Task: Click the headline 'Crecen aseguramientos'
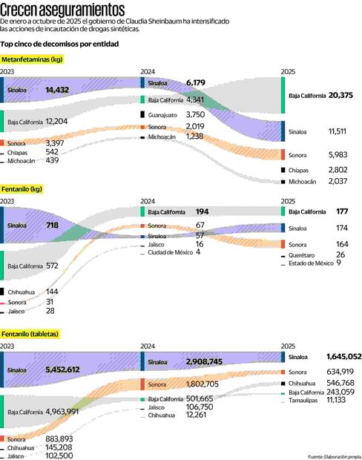tap(63, 10)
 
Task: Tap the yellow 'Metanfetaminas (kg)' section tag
tap(32, 59)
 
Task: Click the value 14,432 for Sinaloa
tap(58, 90)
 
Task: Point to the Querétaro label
tap(305, 254)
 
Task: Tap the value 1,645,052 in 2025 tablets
tap(343, 357)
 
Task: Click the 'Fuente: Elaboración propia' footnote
tap(334, 456)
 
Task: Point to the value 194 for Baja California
tap(200, 212)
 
